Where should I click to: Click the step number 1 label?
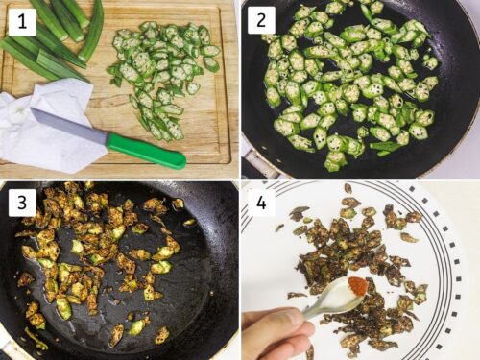pyautogui.click(x=18, y=18)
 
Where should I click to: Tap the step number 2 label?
pyautogui.click(x=261, y=19)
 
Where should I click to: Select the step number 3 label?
pyautogui.click(x=18, y=201)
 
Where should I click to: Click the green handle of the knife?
pyautogui.click(x=145, y=150)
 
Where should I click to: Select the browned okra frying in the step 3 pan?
pyautogui.click(x=106, y=254)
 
